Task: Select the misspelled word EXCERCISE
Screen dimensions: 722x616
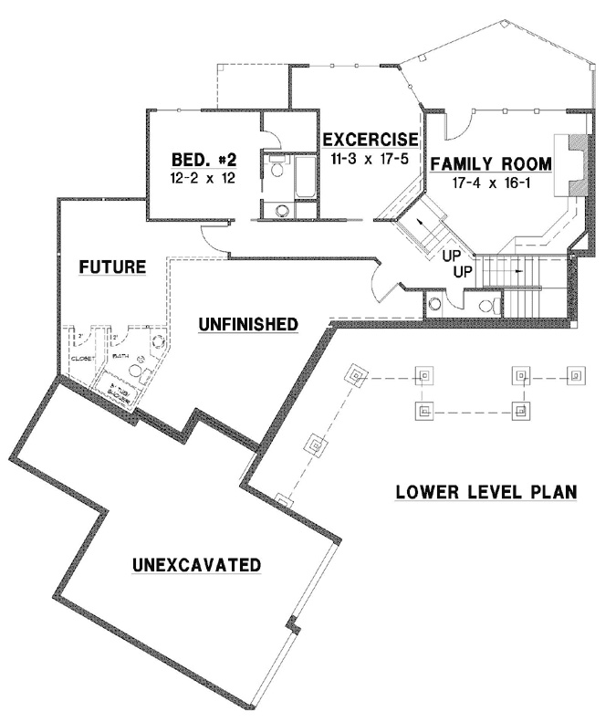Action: coord(370,140)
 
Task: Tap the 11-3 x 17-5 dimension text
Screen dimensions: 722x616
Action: coord(370,157)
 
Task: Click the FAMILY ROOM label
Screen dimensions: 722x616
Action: coord(491,164)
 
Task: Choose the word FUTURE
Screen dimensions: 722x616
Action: coord(112,267)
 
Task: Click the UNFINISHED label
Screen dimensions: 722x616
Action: coord(249,324)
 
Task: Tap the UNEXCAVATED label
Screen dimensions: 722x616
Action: coord(196,564)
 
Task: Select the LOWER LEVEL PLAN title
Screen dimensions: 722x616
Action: coord(486,493)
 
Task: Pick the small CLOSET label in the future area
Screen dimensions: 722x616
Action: coord(83,360)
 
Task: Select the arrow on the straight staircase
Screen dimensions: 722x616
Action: coord(518,271)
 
